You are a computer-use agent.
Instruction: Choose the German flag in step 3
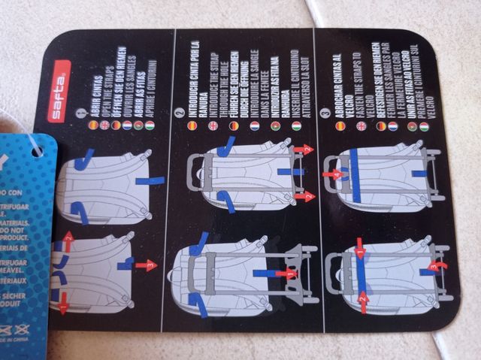pyautogui.click(x=381, y=127)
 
